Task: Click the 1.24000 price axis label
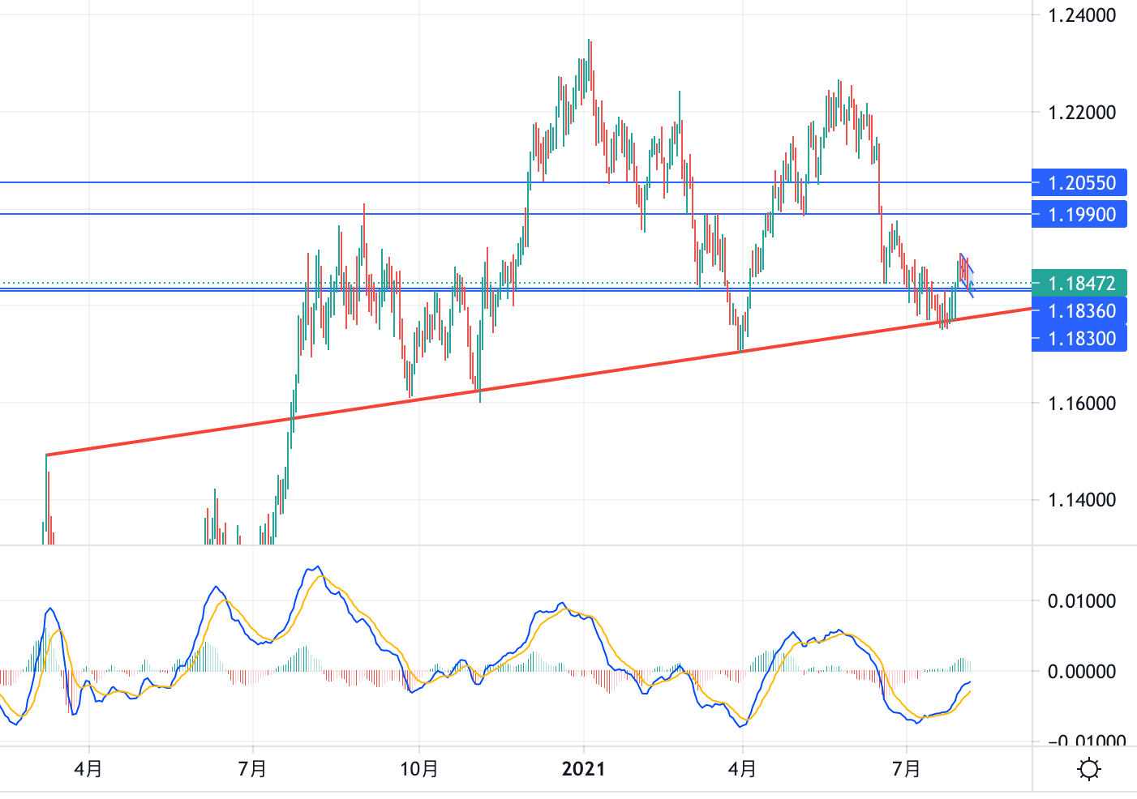(x=1082, y=15)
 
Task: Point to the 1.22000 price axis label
(x=1082, y=113)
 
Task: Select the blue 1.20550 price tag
(x=1079, y=183)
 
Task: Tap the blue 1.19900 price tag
(x=1079, y=215)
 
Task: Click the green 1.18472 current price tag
(x=1079, y=284)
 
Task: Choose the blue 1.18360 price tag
(x=1079, y=311)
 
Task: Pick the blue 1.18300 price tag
(x=1079, y=339)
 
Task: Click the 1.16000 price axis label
(x=1082, y=404)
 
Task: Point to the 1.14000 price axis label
(x=1082, y=500)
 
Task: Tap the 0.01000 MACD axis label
(x=1082, y=601)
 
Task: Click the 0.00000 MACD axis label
(x=1082, y=672)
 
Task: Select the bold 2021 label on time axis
(x=583, y=769)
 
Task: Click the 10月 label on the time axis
(x=419, y=769)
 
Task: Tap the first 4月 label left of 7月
(x=88, y=769)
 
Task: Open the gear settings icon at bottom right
(x=1089, y=768)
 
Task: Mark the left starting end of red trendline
(x=47, y=455)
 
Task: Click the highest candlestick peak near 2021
(x=590, y=41)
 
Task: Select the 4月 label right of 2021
(x=742, y=769)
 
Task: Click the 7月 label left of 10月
(x=253, y=769)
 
